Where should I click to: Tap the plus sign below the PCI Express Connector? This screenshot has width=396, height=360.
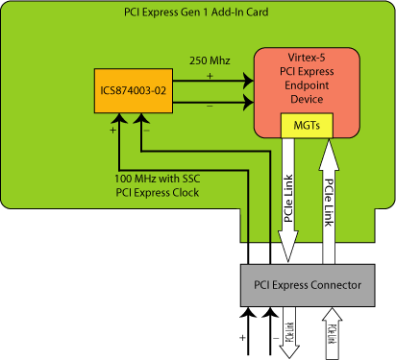click(x=241, y=338)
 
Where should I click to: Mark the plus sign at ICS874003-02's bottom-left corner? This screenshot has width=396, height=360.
click(x=113, y=129)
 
